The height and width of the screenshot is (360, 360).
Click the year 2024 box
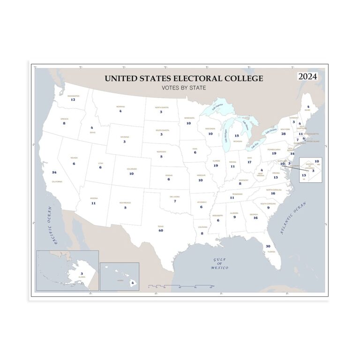click(x=307, y=76)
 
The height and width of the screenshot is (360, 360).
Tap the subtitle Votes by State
click(x=184, y=88)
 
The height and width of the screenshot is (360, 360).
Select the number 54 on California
click(x=54, y=172)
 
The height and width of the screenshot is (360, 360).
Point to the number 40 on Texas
click(x=161, y=230)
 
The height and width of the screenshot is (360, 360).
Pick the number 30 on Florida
click(x=268, y=246)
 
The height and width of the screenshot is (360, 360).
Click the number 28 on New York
click(x=284, y=134)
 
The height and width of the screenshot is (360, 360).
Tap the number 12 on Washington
click(x=73, y=100)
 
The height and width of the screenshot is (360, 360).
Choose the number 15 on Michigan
click(x=237, y=136)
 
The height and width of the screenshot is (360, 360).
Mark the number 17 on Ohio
click(x=249, y=162)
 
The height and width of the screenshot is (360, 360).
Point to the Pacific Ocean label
click(x=52, y=225)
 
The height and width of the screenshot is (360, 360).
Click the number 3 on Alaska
click(x=82, y=273)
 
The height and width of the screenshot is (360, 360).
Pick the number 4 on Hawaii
click(x=132, y=283)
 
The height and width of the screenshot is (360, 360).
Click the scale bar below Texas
click(x=181, y=285)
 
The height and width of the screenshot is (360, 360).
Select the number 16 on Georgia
click(x=255, y=217)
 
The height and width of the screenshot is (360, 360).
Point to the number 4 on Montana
click(x=120, y=111)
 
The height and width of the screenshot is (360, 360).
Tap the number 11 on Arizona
click(x=93, y=203)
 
